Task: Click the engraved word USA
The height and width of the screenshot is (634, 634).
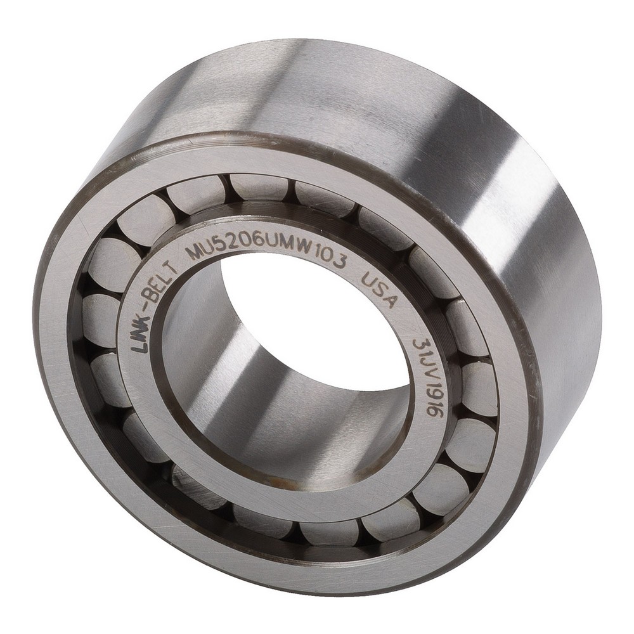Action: (377, 292)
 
